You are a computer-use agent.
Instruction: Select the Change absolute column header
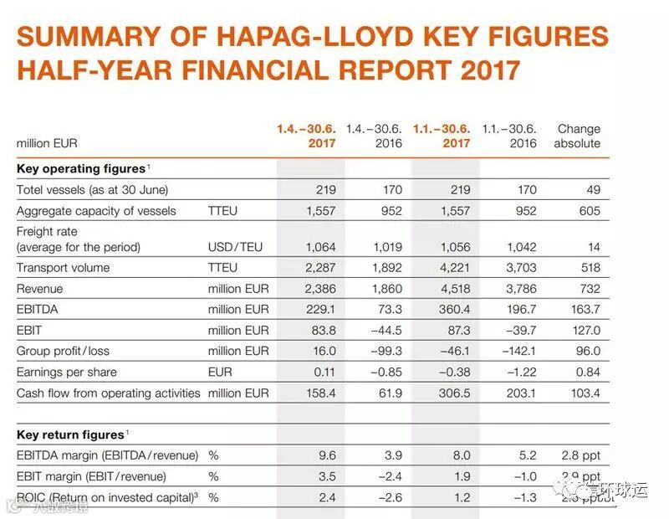[578, 136]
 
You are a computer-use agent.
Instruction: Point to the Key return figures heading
[70, 434]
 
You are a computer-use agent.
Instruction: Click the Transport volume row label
[64, 268]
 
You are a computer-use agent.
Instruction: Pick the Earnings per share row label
[67, 372]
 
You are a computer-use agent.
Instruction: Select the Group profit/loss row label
[63, 351]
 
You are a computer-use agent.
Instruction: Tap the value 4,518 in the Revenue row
[455, 289]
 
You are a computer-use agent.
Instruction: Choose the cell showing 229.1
[319, 310]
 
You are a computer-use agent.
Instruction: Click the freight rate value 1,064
[319, 247]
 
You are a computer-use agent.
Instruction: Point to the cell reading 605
[589, 210]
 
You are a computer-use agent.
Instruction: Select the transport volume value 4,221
[455, 268]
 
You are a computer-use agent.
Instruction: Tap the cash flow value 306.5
[455, 393]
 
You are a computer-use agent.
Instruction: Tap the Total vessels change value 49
[592, 190]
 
